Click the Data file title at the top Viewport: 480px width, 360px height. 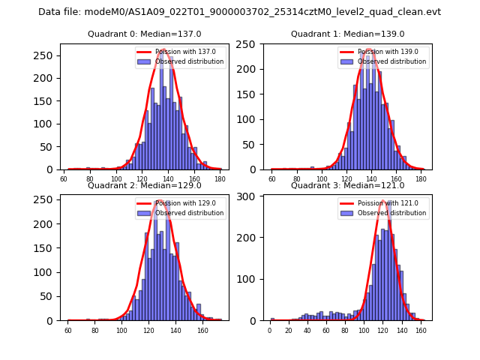pyautogui.click(x=239, y=12)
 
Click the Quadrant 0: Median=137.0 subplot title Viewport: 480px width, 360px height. pyautogui.click(x=145, y=34)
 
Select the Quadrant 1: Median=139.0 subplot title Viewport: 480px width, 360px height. pyautogui.click(x=347, y=34)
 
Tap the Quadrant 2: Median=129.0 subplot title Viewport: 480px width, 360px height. pyautogui.click(x=145, y=185)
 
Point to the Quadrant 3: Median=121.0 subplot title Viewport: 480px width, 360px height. pyautogui.click(x=347, y=185)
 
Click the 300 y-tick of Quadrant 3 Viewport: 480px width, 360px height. pyautogui.click(x=250, y=196)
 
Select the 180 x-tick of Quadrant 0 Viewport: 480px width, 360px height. pyautogui.click(x=220, y=179)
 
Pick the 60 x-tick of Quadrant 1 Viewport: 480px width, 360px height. pyautogui.click(x=272, y=179)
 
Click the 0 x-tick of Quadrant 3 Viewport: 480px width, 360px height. pyautogui.click(x=270, y=331)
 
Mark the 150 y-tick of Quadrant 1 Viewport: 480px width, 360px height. pyautogui.click(x=250, y=94)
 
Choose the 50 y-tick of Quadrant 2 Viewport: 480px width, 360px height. pyautogui.click(x=50, y=296)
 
